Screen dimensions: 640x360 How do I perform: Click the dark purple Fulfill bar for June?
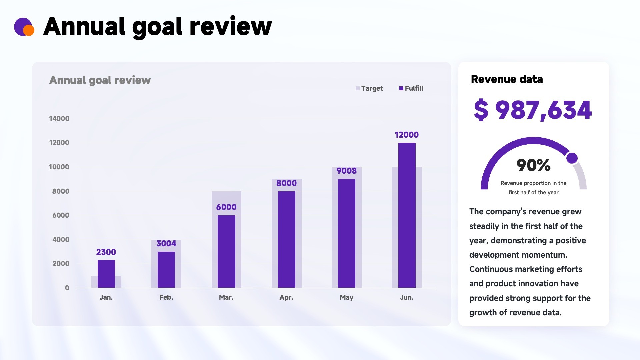point(407,215)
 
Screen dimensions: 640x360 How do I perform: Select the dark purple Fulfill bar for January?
point(106,274)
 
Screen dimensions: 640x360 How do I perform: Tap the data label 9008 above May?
point(347,171)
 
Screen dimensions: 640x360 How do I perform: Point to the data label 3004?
point(166,244)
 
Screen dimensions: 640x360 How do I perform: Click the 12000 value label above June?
point(407,135)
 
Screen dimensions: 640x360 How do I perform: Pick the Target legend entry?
point(369,88)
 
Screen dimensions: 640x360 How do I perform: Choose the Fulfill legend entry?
point(411,88)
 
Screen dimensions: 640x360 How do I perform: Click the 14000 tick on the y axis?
point(59,119)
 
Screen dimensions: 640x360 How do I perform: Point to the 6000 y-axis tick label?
point(61,215)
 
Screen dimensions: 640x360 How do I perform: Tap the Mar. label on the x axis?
point(226,297)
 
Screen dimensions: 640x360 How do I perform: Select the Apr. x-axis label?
point(286,297)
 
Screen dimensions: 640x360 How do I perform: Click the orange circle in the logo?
point(29,30)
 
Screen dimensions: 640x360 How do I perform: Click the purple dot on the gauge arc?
point(572,158)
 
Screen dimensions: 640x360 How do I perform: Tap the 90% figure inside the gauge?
point(533,165)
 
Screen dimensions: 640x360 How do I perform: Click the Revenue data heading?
point(507,79)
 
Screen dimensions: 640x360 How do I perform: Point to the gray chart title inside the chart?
point(100,80)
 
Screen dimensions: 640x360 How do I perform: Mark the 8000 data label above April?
point(286,183)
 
